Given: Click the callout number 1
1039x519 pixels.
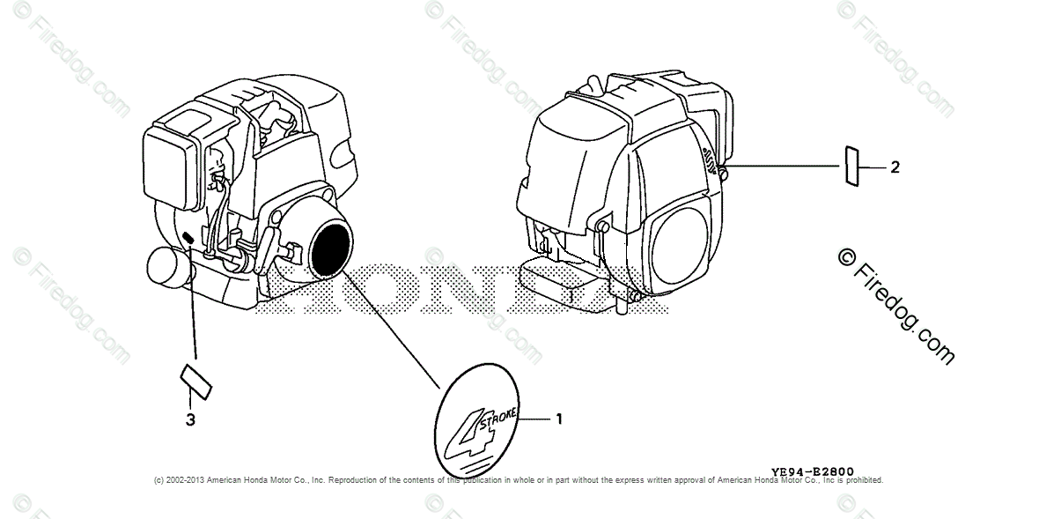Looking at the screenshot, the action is [x=558, y=419].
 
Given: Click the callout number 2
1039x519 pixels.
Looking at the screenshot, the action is [x=895, y=167].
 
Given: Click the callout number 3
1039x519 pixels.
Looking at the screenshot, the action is [x=190, y=419].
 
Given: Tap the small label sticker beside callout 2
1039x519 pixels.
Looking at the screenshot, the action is [x=851, y=167].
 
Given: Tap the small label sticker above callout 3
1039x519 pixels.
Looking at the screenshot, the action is [x=195, y=380].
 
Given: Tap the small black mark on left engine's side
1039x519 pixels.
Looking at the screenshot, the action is [x=188, y=237].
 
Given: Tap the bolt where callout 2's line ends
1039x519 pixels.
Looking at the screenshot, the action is [x=724, y=173].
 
